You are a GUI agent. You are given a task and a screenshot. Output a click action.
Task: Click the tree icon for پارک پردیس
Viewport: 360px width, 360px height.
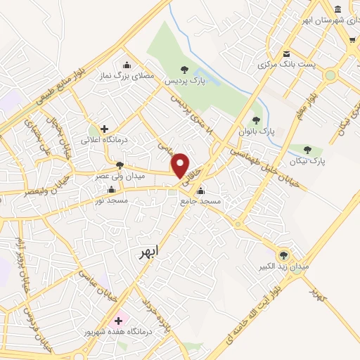pyautogui.click(x=184, y=70)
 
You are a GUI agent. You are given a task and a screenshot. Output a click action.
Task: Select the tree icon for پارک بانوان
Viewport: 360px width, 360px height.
pyautogui.click(x=256, y=120)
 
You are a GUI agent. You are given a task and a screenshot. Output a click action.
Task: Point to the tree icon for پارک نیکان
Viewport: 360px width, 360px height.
pyautogui.click(x=307, y=149)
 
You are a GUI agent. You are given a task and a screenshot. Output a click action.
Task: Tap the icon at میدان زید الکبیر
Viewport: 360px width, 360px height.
pyautogui.click(x=284, y=255)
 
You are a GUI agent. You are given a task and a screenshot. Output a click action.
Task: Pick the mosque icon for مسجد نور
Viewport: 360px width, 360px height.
pyautogui.click(x=111, y=190)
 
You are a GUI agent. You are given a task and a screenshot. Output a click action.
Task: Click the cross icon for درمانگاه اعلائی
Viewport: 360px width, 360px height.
pyautogui.click(x=105, y=129)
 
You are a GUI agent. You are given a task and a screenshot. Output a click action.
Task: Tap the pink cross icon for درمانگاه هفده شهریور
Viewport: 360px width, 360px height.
pyautogui.click(x=118, y=320)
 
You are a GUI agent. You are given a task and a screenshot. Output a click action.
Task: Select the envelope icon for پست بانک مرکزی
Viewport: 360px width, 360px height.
pyautogui.click(x=285, y=54)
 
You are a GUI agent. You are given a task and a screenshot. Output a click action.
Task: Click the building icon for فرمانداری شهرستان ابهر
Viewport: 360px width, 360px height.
pyautogui.click(x=338, y=9)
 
